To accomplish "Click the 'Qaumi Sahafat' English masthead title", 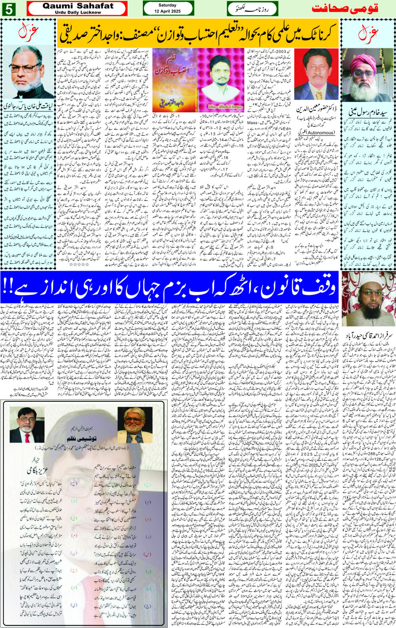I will click(78, 6).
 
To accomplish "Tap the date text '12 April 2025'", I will click(168, 11).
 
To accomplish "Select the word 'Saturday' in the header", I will click(168, 5).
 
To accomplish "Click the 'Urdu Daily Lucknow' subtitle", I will click(78, 12).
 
